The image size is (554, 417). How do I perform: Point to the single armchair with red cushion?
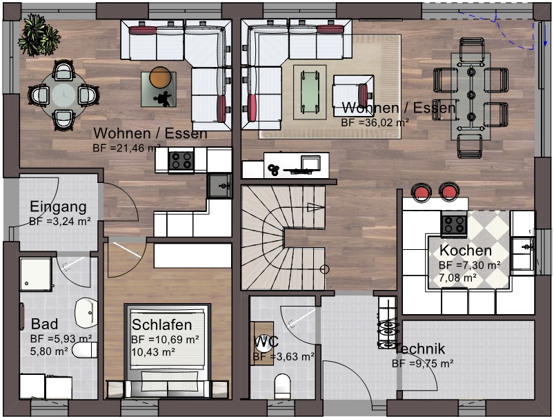coord(351,91)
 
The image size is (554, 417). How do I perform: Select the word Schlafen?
coord(162,324)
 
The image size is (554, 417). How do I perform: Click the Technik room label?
coord(420,349)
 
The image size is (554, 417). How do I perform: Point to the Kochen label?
coord(466,251)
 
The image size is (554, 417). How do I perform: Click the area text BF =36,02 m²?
coord(375,122)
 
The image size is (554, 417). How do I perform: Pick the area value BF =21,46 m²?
coord(126,148)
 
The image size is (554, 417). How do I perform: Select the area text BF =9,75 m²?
coord(422,363)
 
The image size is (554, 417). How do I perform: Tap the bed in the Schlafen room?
coord(168,352)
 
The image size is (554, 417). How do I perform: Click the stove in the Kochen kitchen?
coord(454,223)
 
